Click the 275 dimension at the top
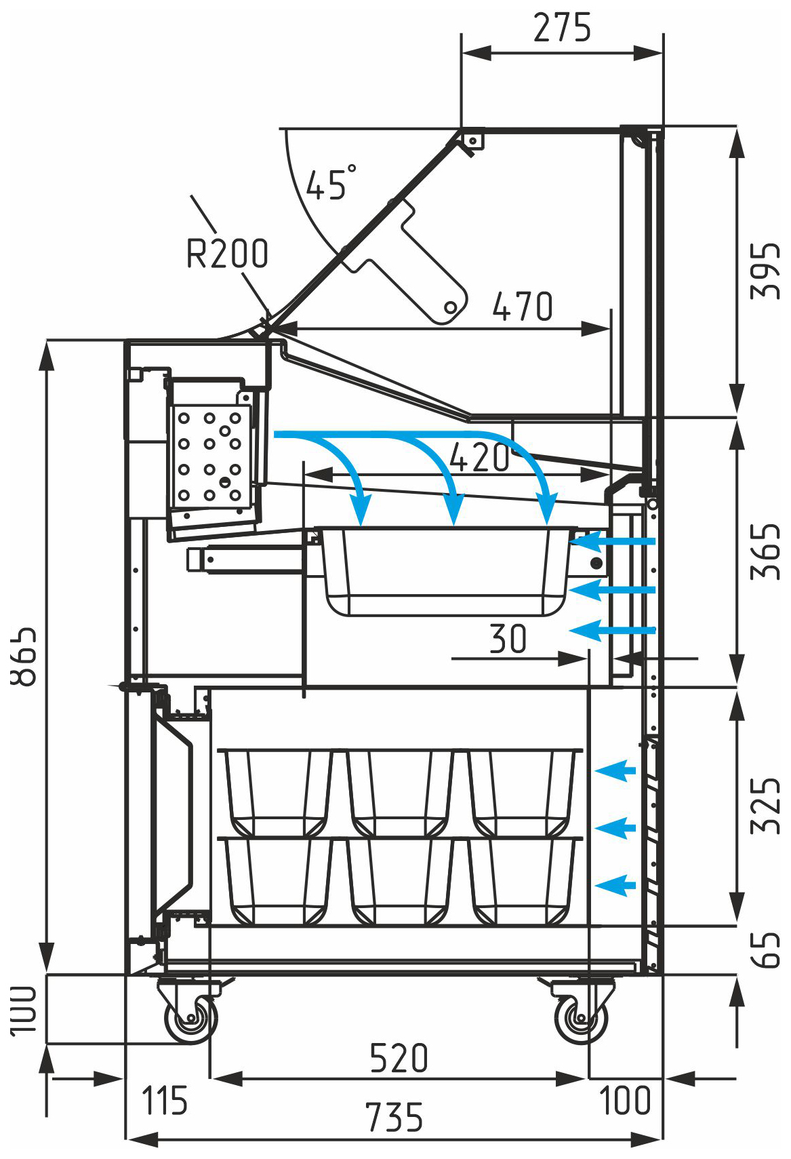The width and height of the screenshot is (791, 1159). point(562,28)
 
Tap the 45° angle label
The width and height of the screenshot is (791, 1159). point(330,182)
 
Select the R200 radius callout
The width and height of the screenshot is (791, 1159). point(227,254)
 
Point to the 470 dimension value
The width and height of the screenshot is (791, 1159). point(522,307)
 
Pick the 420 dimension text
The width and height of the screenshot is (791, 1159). point(479,458)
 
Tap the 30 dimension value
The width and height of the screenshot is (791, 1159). point(508,639)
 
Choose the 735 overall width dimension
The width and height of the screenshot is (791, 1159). point(394,1118)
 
